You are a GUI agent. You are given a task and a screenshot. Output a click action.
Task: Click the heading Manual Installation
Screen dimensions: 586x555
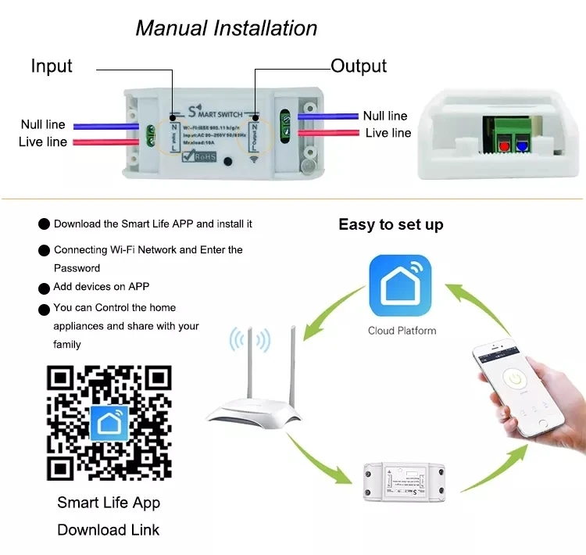[x=227, y=29]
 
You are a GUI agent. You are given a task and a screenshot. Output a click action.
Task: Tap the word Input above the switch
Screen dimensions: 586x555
[x=52, y=66]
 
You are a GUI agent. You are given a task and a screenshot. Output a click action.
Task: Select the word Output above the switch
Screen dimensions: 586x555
[x=359, y=66]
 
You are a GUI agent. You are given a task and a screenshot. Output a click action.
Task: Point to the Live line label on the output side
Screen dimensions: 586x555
[x=388, y=133]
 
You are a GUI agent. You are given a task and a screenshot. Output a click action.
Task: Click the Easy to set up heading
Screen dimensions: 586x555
[x=391, y=225]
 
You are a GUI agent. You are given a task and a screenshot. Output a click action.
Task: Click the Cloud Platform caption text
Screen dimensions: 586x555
[x=402, y=331]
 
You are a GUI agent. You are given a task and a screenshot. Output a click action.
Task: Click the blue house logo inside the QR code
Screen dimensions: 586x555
[x=109, y=423]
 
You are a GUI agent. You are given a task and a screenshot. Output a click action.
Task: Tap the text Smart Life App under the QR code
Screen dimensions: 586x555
[x=109, y=503]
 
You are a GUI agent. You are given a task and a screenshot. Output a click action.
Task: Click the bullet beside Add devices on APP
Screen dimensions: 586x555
[x=45, y=287]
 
